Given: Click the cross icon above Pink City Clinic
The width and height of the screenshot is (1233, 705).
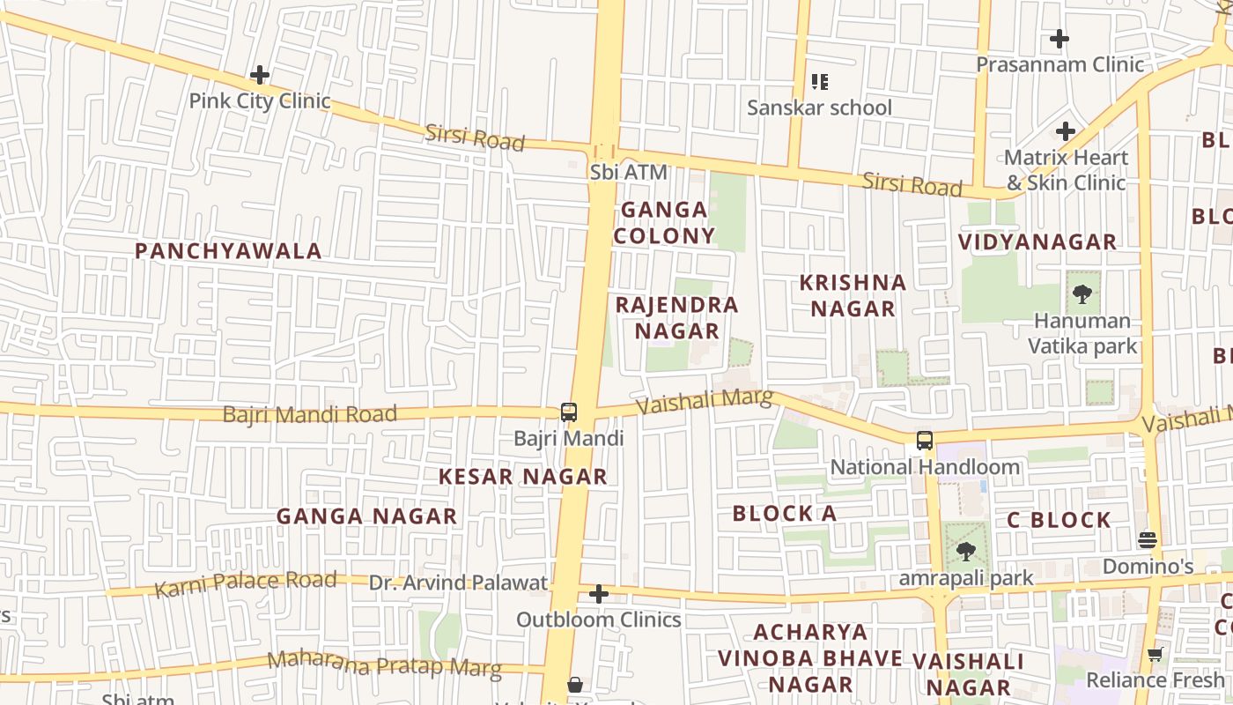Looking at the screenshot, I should [x=260, y=75].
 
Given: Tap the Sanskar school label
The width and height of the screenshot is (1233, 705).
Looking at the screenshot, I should [x=819, y=108].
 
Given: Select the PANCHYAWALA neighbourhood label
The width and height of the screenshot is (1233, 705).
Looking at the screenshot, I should [x=228, y=251].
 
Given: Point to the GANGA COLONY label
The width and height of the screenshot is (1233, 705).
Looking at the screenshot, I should [x=664, y=222].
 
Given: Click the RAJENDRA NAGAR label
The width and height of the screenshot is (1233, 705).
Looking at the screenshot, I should [x=676, y=318].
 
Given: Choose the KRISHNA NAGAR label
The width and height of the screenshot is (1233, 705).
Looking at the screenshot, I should [x=853, y=295].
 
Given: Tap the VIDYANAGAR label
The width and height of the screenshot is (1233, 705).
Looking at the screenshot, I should [x=1037, y=241].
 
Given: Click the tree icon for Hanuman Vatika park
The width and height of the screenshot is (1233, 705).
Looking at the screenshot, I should [x=1082, y=293].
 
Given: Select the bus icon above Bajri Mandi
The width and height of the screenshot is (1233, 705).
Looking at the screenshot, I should [x=569, y=412].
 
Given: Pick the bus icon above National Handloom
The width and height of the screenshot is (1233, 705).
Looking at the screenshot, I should [x=924, y=441].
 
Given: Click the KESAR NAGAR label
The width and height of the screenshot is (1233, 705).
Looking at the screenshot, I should [x=523, y=477].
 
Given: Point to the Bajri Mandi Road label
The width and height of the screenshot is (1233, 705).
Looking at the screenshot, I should [x=309, y=414].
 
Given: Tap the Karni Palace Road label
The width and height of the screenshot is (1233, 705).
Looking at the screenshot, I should [x=246, y=583].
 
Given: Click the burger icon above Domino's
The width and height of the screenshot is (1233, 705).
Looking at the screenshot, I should [x=1147, y=538].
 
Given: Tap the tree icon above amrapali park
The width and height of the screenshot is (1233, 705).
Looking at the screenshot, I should [x=966, y=552].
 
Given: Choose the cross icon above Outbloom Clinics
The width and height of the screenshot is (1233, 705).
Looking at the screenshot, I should [x=599, y=594].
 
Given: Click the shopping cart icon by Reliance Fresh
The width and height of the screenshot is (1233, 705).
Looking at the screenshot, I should [x=1155, y=654].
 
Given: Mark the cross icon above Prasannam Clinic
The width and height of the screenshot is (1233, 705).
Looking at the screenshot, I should [x=1059, y=39].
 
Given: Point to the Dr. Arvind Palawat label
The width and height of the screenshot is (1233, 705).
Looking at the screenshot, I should [x=458, y=583].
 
